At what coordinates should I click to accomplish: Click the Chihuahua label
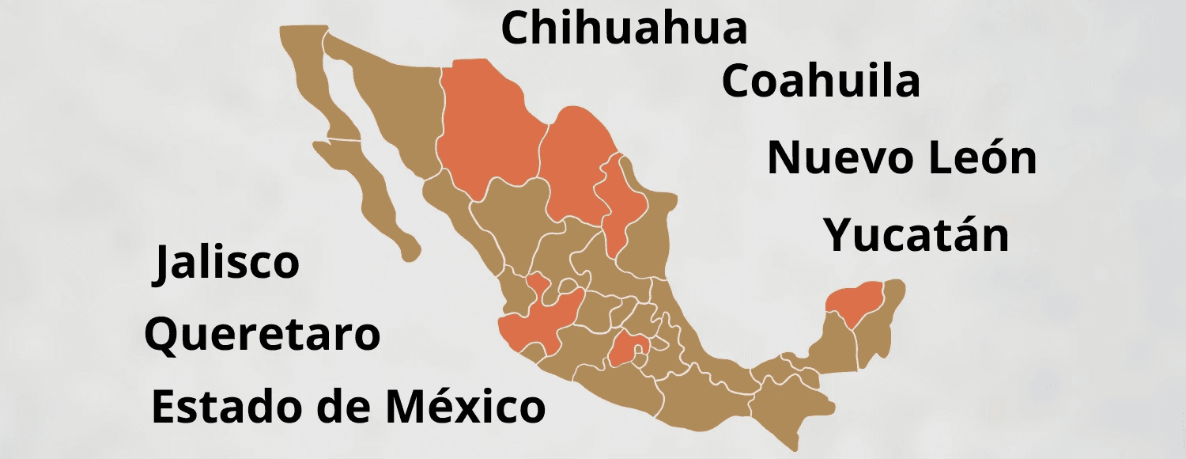coord(624,28)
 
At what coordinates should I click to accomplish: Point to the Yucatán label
coord(916,235)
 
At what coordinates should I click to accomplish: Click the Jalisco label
coord(227,263)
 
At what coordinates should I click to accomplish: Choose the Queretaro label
coord(262,335)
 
